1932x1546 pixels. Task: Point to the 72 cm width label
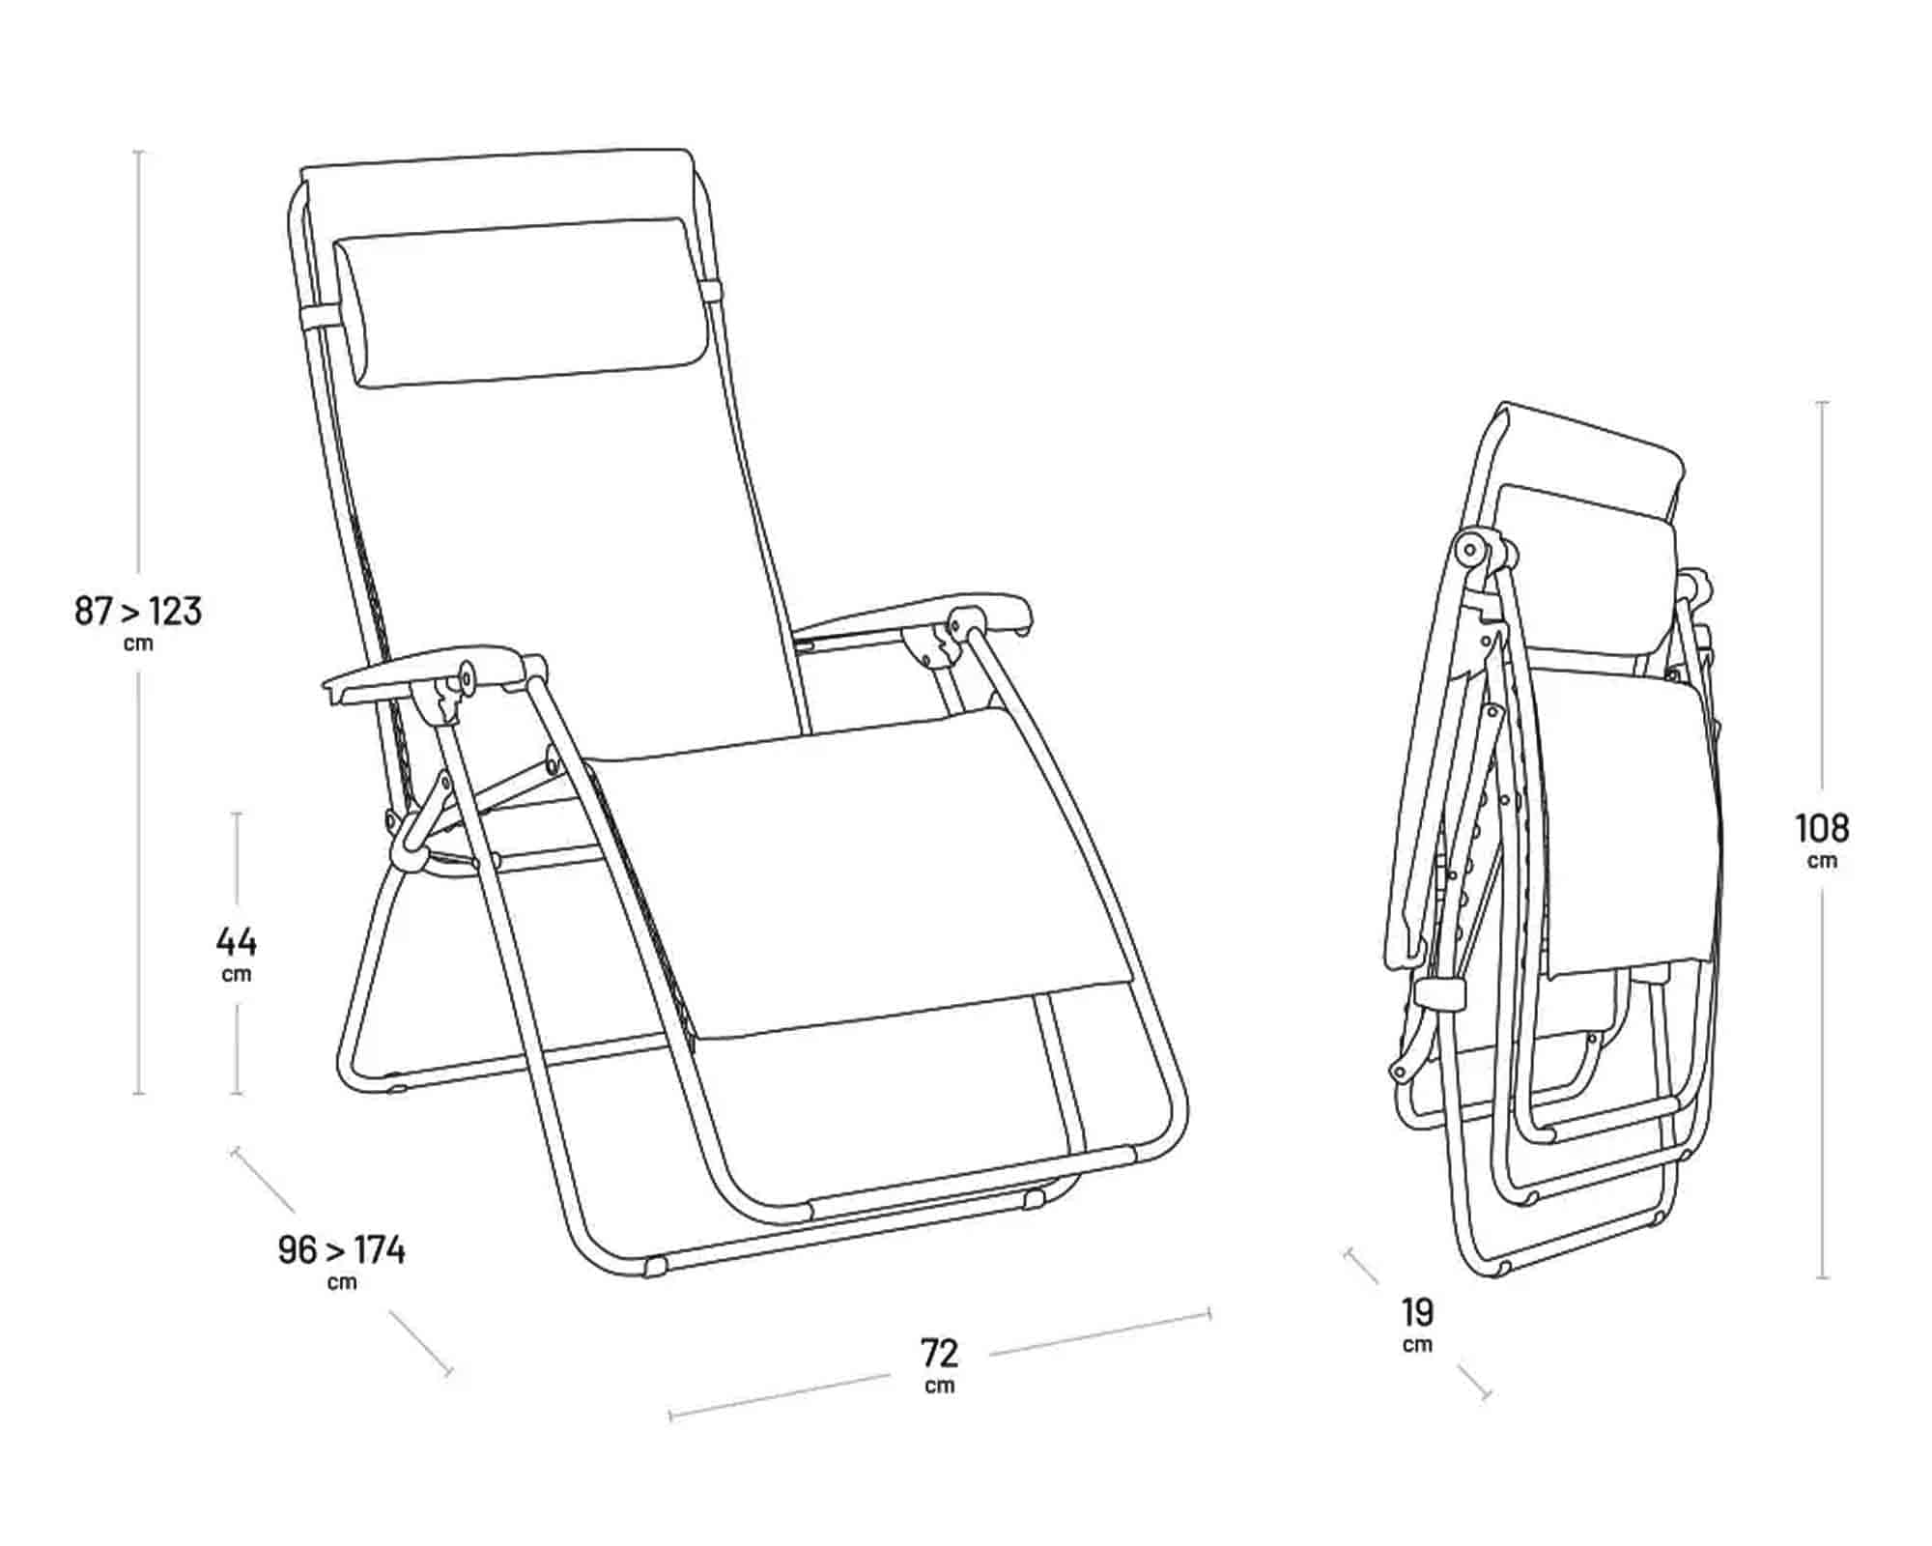[939, 1364]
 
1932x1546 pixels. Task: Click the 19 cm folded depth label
[1418, 1324]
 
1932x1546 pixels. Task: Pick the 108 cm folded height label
[1822, 839]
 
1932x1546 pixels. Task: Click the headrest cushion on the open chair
[520, 303]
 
